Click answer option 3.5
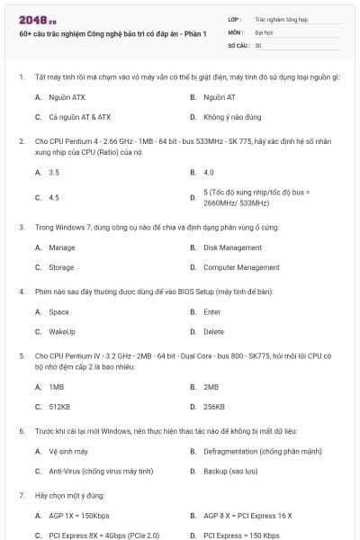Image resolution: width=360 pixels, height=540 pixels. tap(54, 172)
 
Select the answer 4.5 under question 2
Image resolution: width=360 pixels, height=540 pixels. tap(54, 196)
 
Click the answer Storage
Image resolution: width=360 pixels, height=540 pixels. tap(61, 267)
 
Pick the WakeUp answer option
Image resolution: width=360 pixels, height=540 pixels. tap(62, 332)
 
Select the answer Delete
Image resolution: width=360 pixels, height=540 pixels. tap(214, 332)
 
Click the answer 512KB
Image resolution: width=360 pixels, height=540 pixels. tap(58, 407)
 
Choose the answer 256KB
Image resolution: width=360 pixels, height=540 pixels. tap(214, 407)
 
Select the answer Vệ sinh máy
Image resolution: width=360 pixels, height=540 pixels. tap(68, 451)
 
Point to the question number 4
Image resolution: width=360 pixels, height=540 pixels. tap(22, 292)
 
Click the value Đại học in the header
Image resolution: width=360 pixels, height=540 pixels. tap(264, 31)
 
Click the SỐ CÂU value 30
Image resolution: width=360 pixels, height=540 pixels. tap(258, 44)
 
